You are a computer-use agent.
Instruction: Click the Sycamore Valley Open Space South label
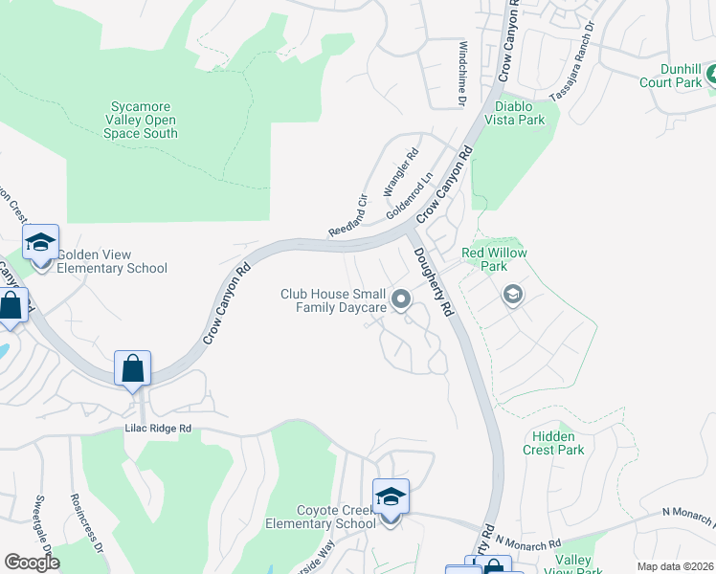(x=141, y=121)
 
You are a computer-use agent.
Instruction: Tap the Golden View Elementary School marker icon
(x=41, y=243)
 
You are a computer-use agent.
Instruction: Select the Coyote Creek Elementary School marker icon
(x=391, y=497)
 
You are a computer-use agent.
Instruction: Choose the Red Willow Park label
(x=494, y=259)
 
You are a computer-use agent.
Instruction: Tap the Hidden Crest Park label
(x=553, y=443)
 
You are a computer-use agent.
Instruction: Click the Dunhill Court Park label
(x=671, y=76)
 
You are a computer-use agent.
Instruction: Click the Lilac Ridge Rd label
(x=160, y=429)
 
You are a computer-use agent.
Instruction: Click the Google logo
(x=32, y=563)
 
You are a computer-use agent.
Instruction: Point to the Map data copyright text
(x=675, y=566)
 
